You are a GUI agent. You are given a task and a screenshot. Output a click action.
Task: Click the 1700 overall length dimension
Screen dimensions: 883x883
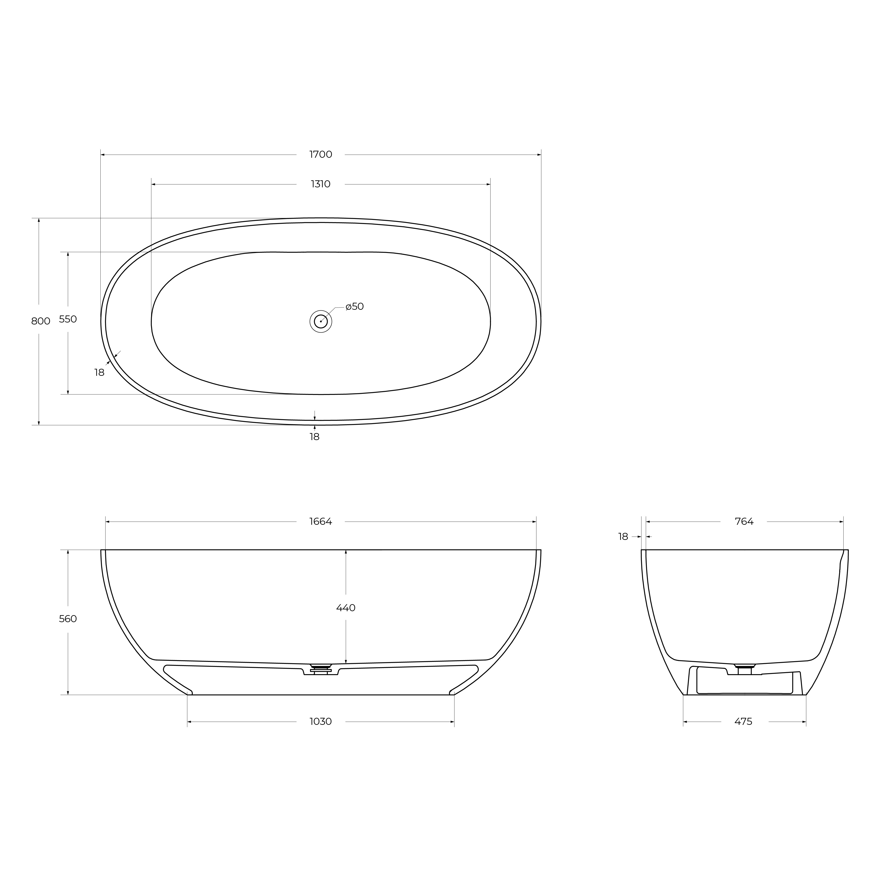[321, 155]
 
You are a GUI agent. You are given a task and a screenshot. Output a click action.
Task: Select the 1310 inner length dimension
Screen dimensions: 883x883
[321, 184]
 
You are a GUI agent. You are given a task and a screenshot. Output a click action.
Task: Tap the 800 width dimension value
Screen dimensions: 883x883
[41, 321]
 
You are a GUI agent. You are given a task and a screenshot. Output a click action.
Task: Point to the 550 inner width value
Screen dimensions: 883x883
[68, 319]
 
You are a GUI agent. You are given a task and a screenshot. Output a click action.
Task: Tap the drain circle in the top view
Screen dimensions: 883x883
[321, 321]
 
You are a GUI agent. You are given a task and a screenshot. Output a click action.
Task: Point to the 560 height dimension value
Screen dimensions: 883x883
[68, 619]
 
